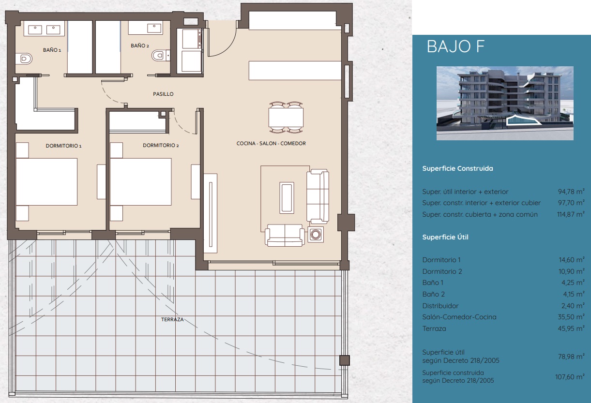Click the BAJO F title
[456, 47]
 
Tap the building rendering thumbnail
[505, 103]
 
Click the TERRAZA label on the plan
[172, 319]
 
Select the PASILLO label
[163, 94]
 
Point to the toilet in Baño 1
[25, 59]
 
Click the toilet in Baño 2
[159, 56]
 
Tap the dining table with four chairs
[286, 117]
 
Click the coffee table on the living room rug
[287, 197]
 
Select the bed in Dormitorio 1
[46, 182]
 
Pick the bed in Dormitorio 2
[140, 182]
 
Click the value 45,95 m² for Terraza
[572, 328]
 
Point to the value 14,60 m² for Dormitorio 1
[572, 260]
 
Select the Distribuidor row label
[440, 306]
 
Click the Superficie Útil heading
[445, 237]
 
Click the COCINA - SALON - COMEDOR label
[271, 143]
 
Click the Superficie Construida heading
[457, 169]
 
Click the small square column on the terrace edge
[344, 360]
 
